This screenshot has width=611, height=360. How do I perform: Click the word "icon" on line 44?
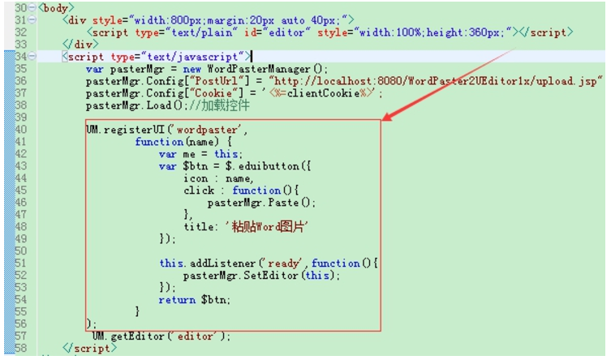point(196,178)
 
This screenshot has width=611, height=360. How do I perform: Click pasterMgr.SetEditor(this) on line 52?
point(262,276)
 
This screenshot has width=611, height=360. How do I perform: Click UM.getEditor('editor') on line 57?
point(161,336)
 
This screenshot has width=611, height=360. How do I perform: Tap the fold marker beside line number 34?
point(30,57)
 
